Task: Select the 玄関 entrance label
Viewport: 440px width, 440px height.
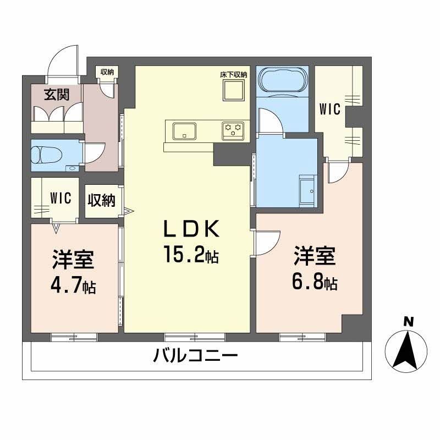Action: (57, 94)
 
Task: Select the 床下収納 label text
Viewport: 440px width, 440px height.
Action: (234, 74)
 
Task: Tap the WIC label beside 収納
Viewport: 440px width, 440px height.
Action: (60, 198)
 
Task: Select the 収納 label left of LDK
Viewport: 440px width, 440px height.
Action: (101, 200)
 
